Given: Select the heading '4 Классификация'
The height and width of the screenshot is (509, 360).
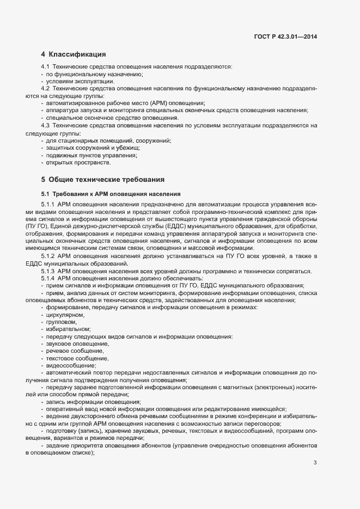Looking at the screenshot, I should coord(73,54).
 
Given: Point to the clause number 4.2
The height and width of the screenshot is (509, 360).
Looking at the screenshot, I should coord(45,88).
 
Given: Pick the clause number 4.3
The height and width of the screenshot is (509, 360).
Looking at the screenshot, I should coord(45,125).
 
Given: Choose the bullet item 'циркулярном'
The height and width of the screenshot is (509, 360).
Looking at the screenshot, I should coord(65,315).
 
